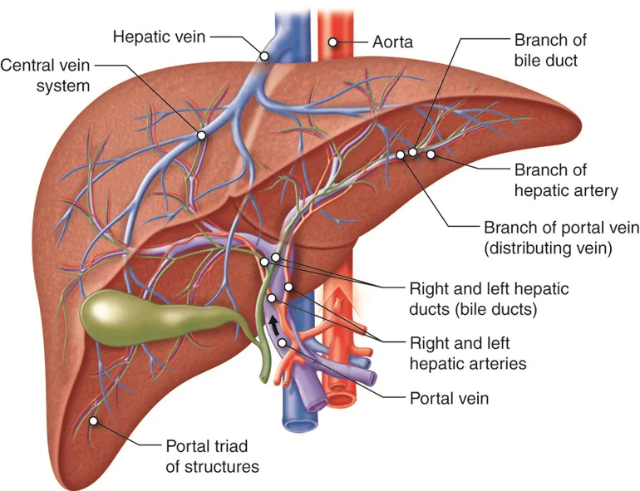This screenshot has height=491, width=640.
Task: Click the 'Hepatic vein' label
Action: [160, 37]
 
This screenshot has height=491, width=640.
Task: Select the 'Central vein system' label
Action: [46, 75]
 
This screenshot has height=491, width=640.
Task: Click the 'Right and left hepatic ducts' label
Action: [489, 299]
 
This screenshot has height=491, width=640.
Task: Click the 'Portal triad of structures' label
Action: [212, 456]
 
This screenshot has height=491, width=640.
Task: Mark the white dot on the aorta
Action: [332, 41]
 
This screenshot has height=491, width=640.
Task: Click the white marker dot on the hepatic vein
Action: [263, 56]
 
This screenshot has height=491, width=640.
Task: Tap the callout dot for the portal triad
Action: [94, 421]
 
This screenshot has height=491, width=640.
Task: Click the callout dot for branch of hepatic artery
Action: [431, 154]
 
